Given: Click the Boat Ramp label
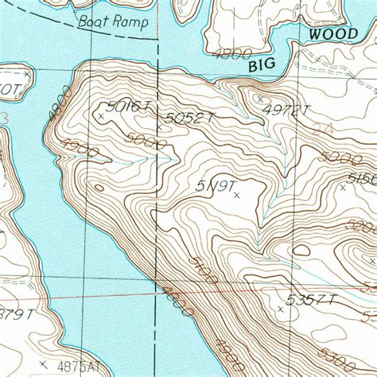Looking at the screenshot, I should pos(113,21).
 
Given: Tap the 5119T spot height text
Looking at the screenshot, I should pos(216,185).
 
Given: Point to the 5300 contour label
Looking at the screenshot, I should pos(362,366).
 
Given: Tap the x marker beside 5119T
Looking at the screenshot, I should pos(236,193).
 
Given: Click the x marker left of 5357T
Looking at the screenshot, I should pos(280,306).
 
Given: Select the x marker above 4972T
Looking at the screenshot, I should pos(259,99).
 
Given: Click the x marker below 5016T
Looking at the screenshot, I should pos(100,116).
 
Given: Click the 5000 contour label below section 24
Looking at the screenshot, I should pos(334,157).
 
